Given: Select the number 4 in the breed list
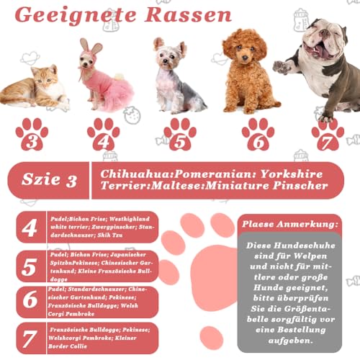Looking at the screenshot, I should point(30,228).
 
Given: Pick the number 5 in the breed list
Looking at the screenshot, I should point(30,267).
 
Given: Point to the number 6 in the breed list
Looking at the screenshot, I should point(30,301).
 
